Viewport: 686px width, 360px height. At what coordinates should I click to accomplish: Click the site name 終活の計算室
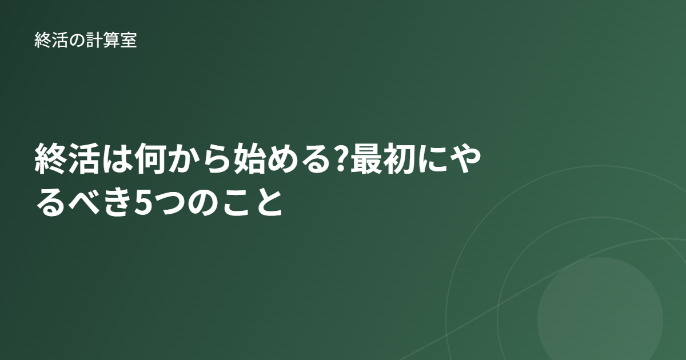point(85,40)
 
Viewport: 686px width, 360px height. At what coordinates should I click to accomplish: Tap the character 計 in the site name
point(94,40)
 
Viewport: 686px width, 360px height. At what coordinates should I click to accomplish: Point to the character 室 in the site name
point(128,40)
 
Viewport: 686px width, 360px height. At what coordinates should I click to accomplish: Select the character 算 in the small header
point(111,40)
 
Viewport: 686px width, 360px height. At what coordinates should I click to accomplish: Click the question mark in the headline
point(341,159)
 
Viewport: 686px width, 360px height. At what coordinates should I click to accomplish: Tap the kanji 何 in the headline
point(150,159)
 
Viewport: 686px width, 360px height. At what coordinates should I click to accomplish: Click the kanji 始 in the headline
point(249,159)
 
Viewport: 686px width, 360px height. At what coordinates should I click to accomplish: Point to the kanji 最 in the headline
point(366,159)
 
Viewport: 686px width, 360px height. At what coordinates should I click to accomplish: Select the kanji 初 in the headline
point(400,159)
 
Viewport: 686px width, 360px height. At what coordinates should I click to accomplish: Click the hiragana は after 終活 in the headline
point(117,159)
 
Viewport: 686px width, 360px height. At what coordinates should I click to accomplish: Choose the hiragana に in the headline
point(432,159)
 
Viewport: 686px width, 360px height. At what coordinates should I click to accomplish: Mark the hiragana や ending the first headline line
point(465,159)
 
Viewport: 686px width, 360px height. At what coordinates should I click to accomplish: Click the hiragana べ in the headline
point(84,202)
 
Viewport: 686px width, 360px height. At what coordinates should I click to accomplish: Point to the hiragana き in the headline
point(117,202)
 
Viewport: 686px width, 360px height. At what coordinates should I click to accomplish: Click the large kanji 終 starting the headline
point(51,159)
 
